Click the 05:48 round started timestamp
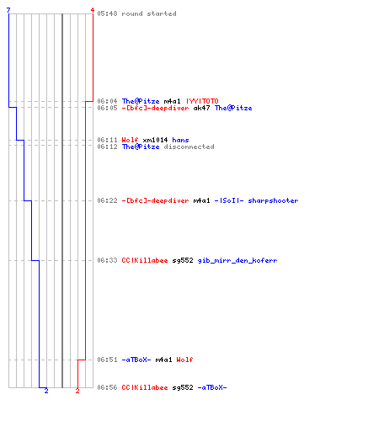point(107,13)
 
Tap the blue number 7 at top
point(8,10)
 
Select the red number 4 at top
point(93,10)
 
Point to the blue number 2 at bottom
point(46,391)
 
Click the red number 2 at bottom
point(77,391)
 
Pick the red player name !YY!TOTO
point(202,101)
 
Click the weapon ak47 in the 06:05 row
point(201,108)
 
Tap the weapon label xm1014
point(155,140)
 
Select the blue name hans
point(180,140)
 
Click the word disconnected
point(189,147)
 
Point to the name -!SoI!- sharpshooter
point(256,200)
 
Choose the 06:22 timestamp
point(107,200)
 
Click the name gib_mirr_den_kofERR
point(238,260)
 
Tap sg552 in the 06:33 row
point(183,260)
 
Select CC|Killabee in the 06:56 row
point(145,387)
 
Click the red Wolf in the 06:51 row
point(184,360)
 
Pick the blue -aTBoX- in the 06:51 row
point(136,360)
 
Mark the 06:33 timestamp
point(107,260)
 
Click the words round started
point(149,13)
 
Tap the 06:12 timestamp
point(107,147)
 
